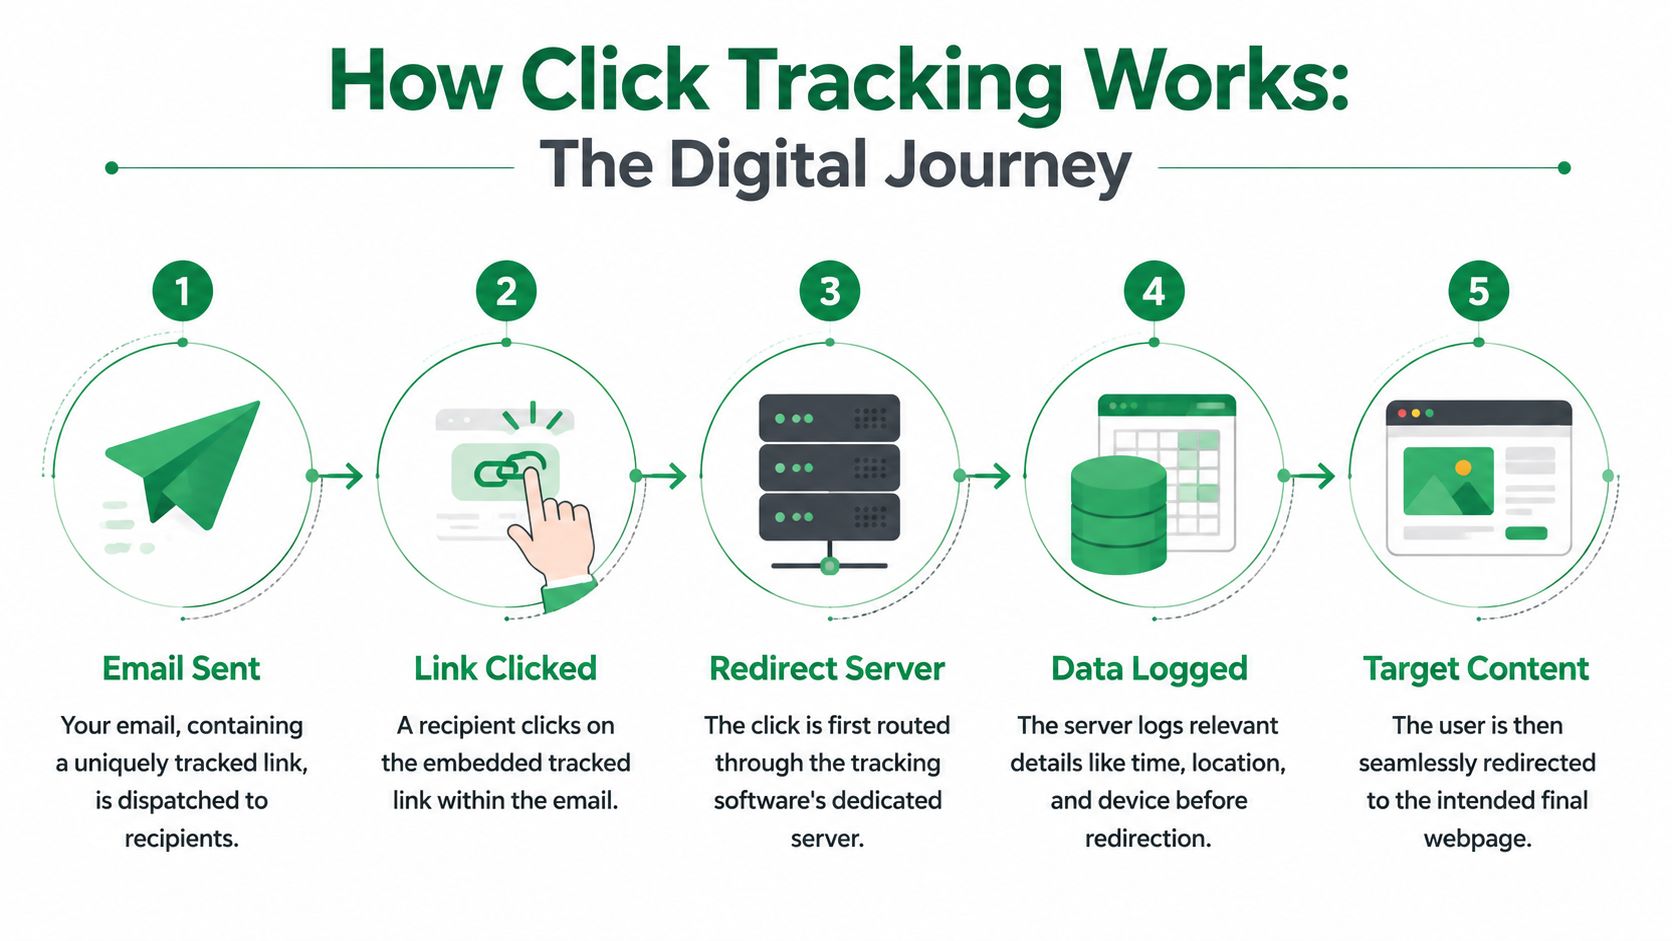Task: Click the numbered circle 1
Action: pos(183,291)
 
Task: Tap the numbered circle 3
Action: pos(830,291)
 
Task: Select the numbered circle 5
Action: pos(1479,291)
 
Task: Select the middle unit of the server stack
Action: pos(829,468)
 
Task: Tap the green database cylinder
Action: pos(1118,515)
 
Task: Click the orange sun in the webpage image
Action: pos(1463,468)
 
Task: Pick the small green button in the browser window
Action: pos(1526,533)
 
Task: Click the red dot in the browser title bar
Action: pos(1402,413)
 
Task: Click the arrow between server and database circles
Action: pos(984,475)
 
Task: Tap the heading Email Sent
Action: pos(181,669)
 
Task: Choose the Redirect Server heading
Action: pos(827,669)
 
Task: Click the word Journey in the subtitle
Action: pos(1008,167)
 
